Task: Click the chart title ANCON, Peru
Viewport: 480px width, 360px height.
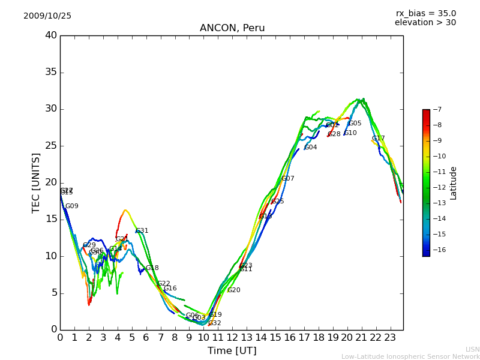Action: [232, 28]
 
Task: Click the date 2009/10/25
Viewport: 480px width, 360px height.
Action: [47, 16]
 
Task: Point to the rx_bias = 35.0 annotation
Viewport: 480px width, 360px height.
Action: [425, 14]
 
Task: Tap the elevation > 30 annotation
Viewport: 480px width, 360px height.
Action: [425, 23]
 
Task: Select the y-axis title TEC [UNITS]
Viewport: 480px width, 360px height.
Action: [37, 182]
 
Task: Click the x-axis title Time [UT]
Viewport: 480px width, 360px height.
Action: [232, 351]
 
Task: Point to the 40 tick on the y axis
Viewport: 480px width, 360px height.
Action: [51, 35]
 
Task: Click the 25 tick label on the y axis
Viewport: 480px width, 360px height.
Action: [51, 146]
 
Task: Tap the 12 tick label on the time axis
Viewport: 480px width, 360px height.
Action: [232, 338]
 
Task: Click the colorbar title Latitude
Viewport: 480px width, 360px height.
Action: [454, 183]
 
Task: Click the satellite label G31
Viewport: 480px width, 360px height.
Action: [142, 231]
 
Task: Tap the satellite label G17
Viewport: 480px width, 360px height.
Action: [378, 139]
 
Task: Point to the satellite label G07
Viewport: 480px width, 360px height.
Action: [288, 179]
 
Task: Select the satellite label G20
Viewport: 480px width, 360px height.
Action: [233, 290]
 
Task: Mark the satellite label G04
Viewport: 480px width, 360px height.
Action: [311, 148]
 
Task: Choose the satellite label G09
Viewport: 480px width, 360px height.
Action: [72, 206]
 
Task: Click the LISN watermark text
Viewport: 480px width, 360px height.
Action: [472, 349]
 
